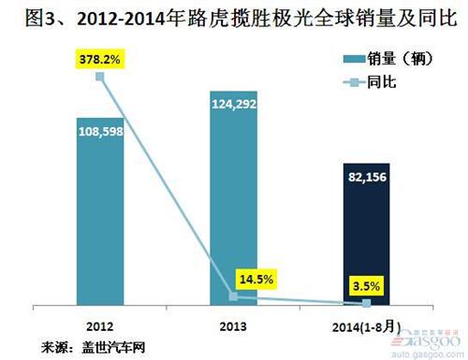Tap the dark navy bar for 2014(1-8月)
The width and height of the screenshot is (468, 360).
tap(367, 234)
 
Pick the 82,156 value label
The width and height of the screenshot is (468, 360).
tap(367, 177)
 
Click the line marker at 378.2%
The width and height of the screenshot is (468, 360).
tap(101, 77)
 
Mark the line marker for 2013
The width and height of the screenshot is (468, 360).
tap(234, 296)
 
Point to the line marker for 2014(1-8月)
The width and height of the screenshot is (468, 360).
tap(367, 303)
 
